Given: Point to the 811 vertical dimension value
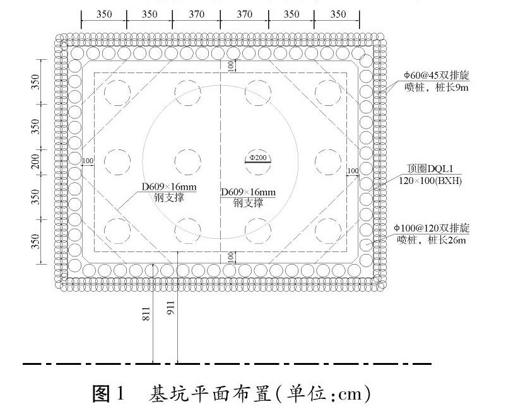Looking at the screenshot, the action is click(147, 316).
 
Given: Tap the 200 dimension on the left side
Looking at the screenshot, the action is click(36, 163).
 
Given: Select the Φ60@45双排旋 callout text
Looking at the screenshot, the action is click(437, 76).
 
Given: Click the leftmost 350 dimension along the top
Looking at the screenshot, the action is click(104, 14).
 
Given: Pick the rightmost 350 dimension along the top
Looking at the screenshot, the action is click(338, 14).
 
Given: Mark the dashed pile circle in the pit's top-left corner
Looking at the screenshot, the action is click(118, 93).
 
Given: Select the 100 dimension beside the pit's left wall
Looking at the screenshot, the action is click(87, 161).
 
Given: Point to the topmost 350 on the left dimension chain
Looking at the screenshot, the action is click(36, 81).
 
